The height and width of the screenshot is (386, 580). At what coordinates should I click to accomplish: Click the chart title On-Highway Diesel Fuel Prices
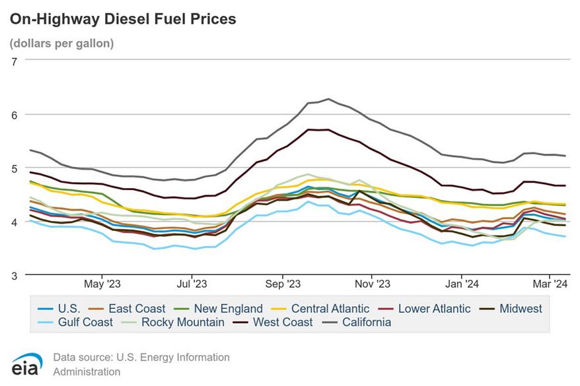point(122,19)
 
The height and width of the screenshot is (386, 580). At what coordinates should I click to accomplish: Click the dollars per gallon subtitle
point(61,44)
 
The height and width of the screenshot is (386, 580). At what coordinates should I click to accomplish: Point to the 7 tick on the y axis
point(14,60)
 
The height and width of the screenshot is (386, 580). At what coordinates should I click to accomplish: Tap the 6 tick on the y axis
point(14,114)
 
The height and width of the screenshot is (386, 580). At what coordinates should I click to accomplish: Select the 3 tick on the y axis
point(14,274)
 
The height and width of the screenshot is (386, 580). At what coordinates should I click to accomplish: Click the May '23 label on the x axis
point(103,284)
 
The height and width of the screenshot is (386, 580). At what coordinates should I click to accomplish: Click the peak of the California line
point(328,99)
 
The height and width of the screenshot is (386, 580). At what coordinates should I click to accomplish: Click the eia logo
point(26,364)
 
